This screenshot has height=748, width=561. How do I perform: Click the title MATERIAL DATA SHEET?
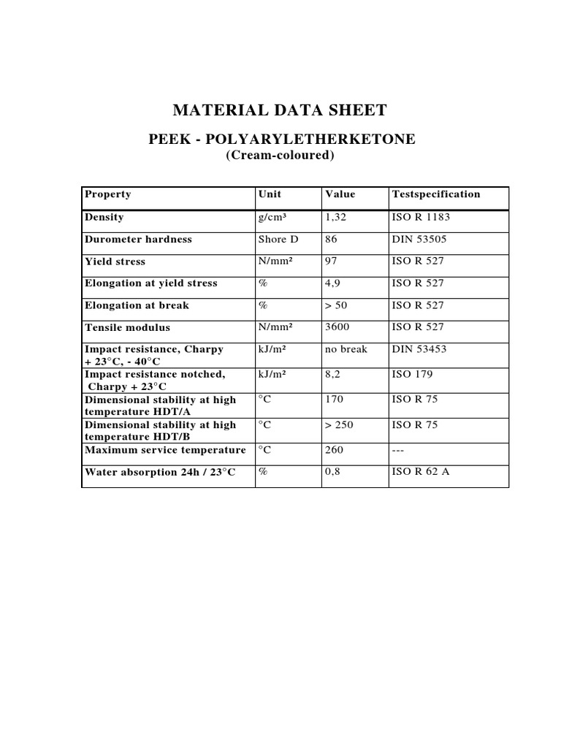280,111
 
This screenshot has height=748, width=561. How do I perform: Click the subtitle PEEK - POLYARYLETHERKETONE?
282,139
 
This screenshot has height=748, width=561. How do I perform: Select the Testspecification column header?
436,194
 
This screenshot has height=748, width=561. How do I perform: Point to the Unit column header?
270,194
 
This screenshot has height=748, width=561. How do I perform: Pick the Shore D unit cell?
278,239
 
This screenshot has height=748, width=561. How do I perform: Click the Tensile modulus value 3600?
337,327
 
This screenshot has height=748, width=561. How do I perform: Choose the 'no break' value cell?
346,349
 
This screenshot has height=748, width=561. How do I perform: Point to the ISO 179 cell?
412,374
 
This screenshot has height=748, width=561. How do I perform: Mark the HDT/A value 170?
334,400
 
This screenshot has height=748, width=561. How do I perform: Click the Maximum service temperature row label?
165,450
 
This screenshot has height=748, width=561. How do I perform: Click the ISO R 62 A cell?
421,472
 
